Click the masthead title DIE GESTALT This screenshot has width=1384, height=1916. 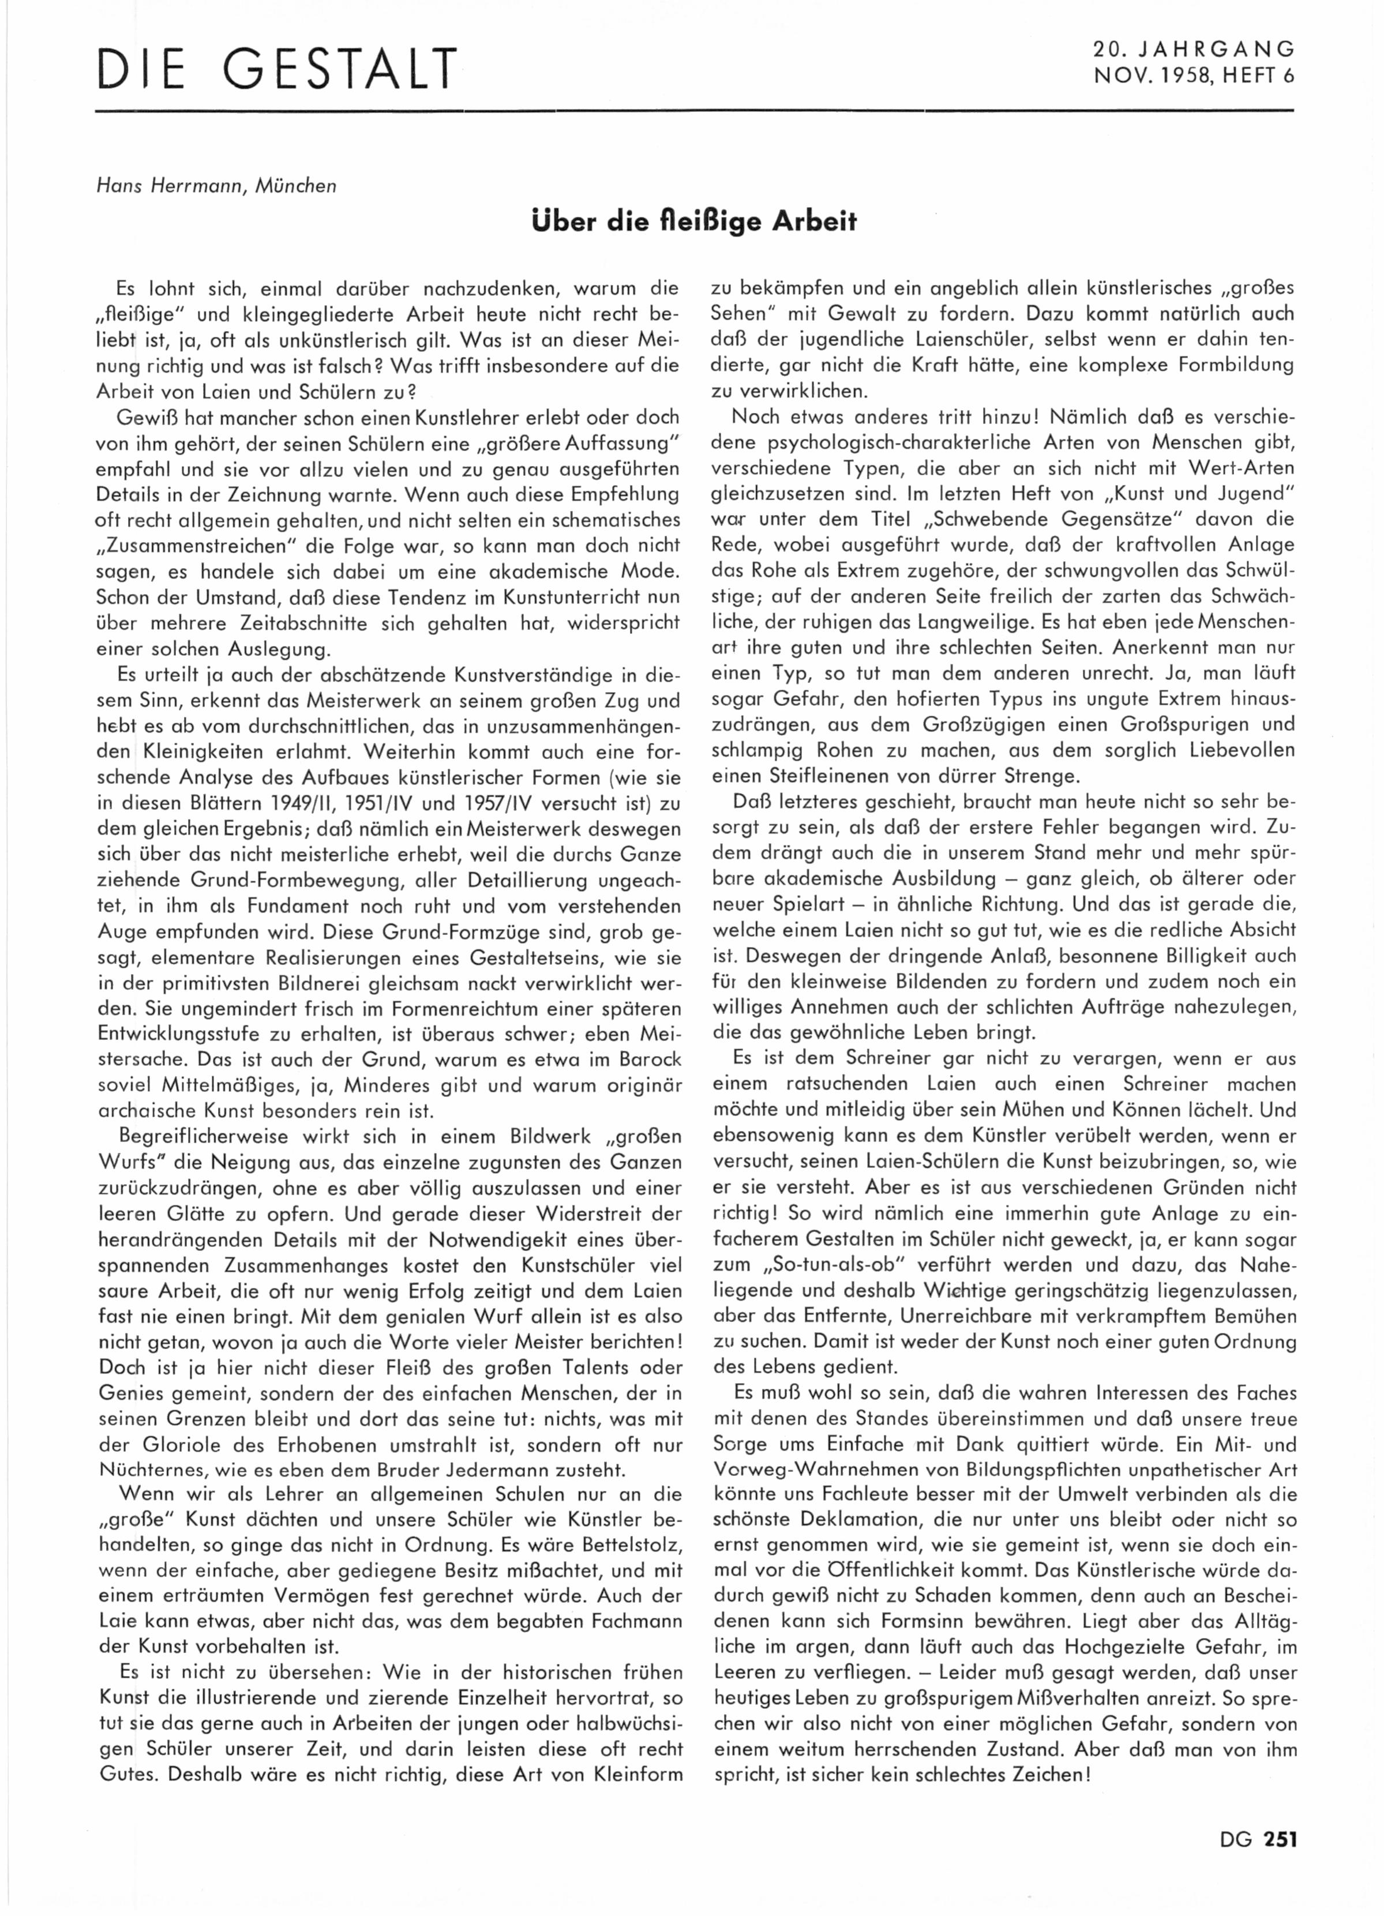click(x=276, y=70)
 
